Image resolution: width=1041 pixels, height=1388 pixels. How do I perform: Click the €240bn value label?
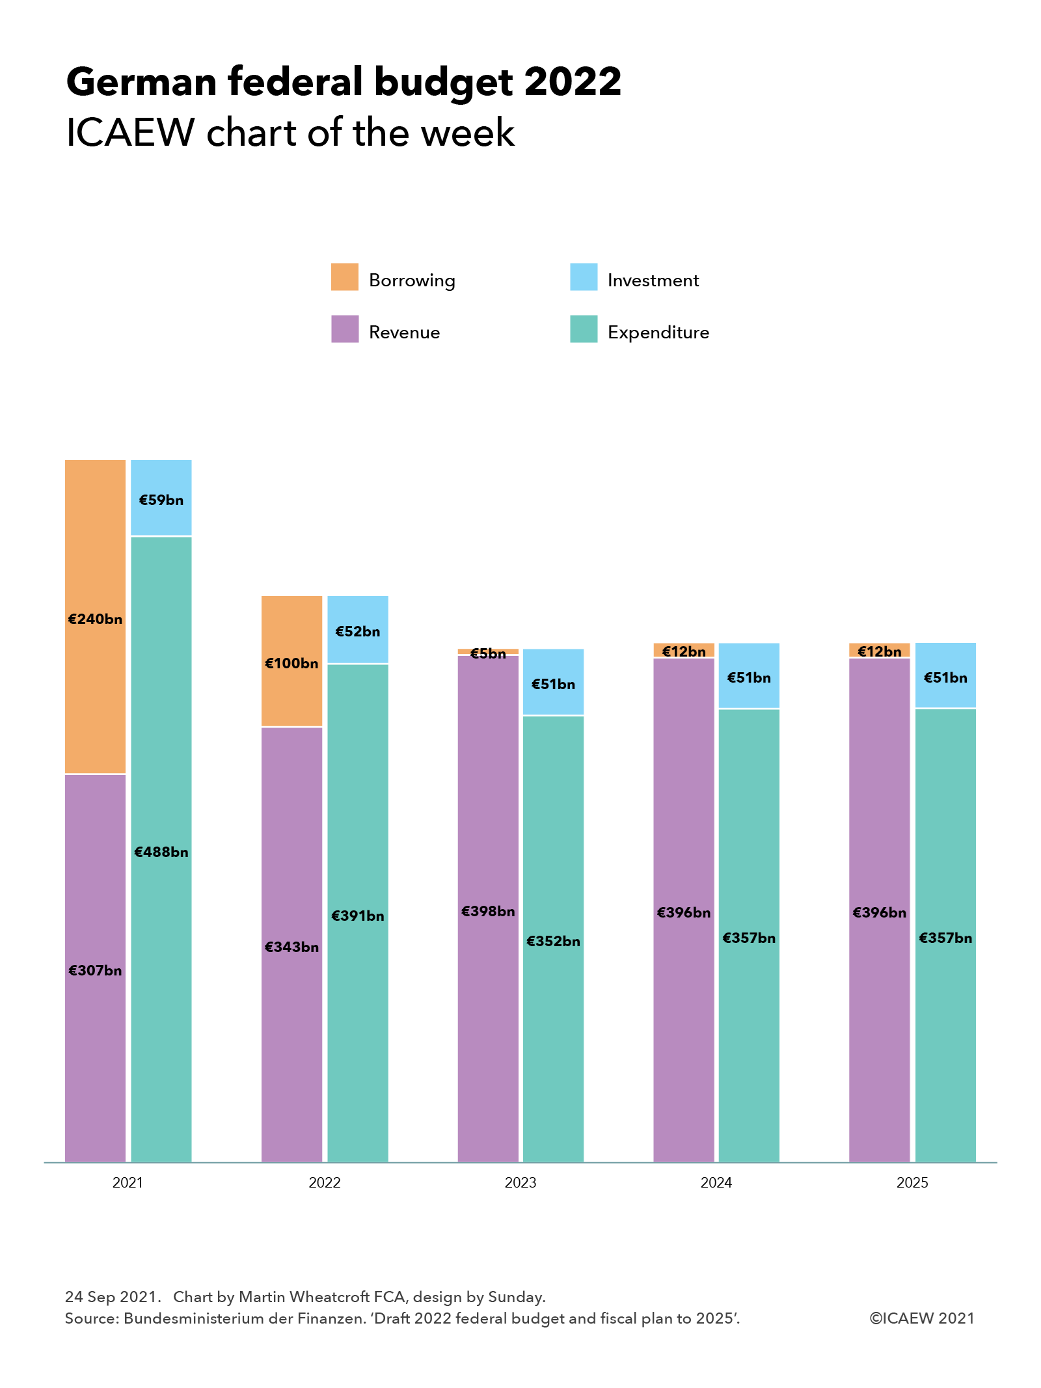pos(95,619)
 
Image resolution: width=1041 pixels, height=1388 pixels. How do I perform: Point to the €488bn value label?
pos(161,852)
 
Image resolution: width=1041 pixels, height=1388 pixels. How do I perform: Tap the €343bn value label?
pos(291,947)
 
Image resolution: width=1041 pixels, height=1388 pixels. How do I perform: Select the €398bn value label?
pos(488,912)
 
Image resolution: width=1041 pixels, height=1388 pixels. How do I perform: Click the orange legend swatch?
pos(345,277)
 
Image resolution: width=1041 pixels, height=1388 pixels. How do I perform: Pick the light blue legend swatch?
pos(584,277)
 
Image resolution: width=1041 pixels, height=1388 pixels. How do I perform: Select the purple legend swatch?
pos(345,329)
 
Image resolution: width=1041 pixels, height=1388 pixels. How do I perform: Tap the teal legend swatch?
pos(584,329)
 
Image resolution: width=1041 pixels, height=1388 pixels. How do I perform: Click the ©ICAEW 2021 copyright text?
pos(922,1318)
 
